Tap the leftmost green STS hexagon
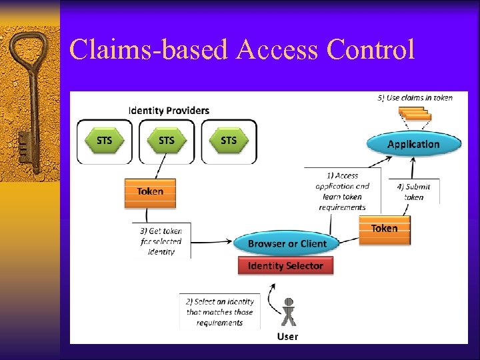tap(105, 141)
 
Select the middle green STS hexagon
tap(167, 141)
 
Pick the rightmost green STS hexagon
tap(229, 141)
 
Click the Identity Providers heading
tap(169, 110)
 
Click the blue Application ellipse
tap(413, 144)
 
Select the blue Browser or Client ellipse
tap(287, 244)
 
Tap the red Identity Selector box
tap(285, 266)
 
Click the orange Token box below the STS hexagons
tap(150, 192)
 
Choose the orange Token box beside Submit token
tap(384, 229)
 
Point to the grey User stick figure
tap(288, 312)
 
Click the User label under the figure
tap(288, 337)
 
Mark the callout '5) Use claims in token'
tap(415, 98)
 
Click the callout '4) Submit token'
tap(414, 191)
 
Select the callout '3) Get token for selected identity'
tap(161, 241)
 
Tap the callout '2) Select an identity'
tap(219, 312)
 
